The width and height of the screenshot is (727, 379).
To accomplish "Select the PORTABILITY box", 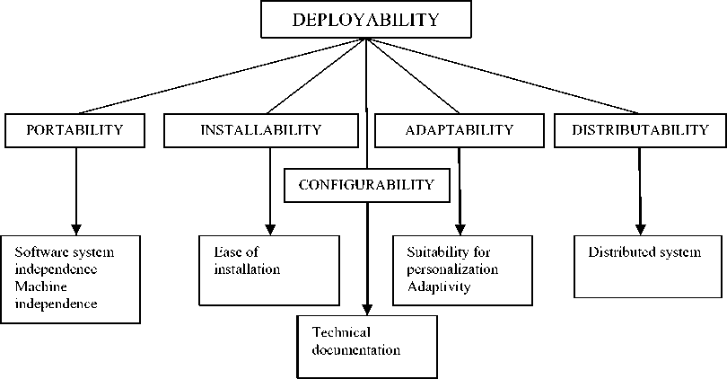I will (74, 130).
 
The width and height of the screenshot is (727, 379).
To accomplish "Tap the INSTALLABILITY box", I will (260, 130).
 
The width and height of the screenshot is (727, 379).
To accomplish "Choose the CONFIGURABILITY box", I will (366, 186).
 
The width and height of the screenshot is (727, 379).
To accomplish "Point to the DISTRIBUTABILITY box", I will (641, 130).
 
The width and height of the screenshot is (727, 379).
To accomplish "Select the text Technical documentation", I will (355, 340).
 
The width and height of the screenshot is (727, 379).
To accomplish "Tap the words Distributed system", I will (644, 252).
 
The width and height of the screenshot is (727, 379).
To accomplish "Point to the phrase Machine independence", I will (60, 295).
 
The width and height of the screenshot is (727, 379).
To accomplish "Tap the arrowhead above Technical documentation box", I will (366, 308).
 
